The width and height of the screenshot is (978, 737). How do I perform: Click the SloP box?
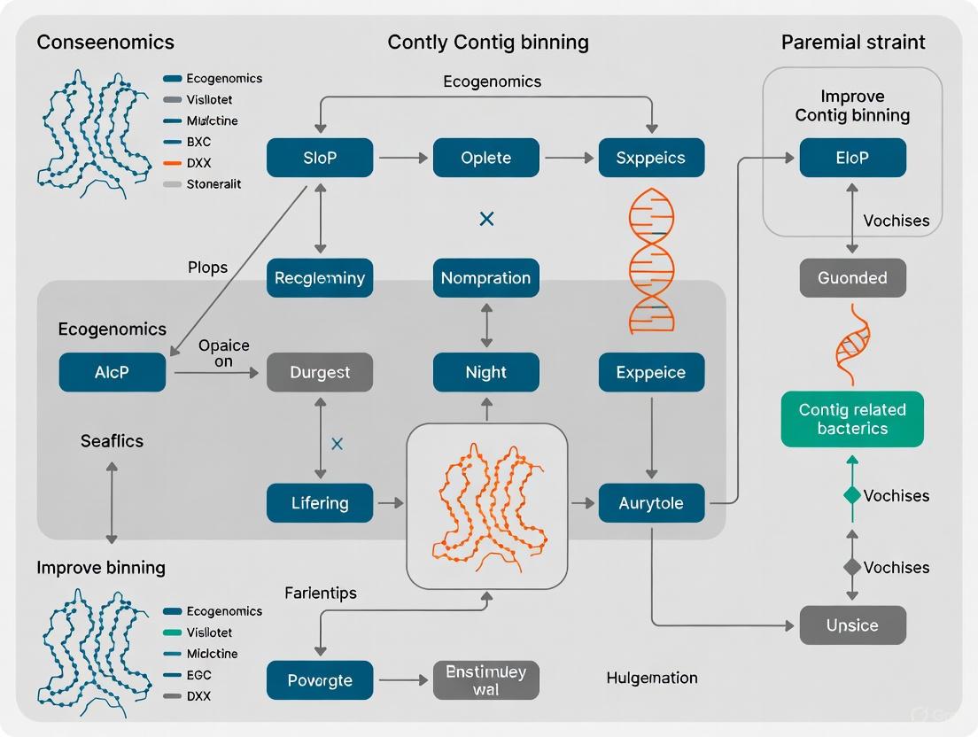320,158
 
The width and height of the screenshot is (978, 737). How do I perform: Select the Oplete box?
485,158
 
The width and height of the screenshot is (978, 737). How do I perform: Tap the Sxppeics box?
651,158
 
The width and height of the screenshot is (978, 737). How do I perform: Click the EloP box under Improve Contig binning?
852,158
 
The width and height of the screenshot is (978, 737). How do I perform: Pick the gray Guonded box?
852,277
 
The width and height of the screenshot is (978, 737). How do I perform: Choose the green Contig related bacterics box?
852,419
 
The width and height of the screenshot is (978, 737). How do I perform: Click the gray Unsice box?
852,625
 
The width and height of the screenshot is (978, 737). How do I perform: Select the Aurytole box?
651,503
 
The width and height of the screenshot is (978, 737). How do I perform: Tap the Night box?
485,372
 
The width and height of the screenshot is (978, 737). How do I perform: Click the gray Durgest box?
320,372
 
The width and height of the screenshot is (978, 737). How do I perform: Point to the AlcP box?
112,372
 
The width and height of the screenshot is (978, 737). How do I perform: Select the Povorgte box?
320,680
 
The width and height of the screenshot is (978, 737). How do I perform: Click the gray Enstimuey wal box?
485,680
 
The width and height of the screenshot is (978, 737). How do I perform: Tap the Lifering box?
320,503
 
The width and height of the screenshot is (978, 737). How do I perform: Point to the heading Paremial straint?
853,42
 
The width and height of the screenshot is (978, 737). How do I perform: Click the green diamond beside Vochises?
852,495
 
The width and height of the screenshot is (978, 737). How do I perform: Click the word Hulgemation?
652,678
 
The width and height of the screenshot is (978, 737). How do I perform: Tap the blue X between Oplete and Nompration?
485,218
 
